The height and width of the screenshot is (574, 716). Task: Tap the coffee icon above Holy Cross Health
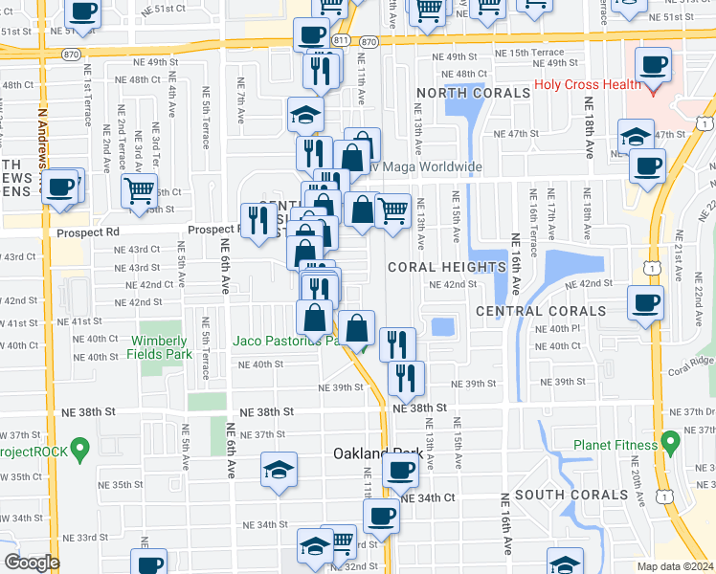[x=654, y=65]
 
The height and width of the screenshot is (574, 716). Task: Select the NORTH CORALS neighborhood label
[x=473, y=93]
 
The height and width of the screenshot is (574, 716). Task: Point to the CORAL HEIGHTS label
[x=447, y=267]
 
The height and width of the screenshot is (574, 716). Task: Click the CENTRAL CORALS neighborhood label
[x=541, y=311]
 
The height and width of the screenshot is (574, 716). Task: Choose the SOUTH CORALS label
[x=571, y=495]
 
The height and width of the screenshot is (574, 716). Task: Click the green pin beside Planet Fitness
[x=670, y=442]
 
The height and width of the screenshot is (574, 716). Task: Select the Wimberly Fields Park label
[x=161, y=347]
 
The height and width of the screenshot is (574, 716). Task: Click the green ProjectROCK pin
[x=80, y=446]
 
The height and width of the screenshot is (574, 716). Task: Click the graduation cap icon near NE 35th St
[x=279, y=470]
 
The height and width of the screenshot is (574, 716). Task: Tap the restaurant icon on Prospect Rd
[x=257, y=220]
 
